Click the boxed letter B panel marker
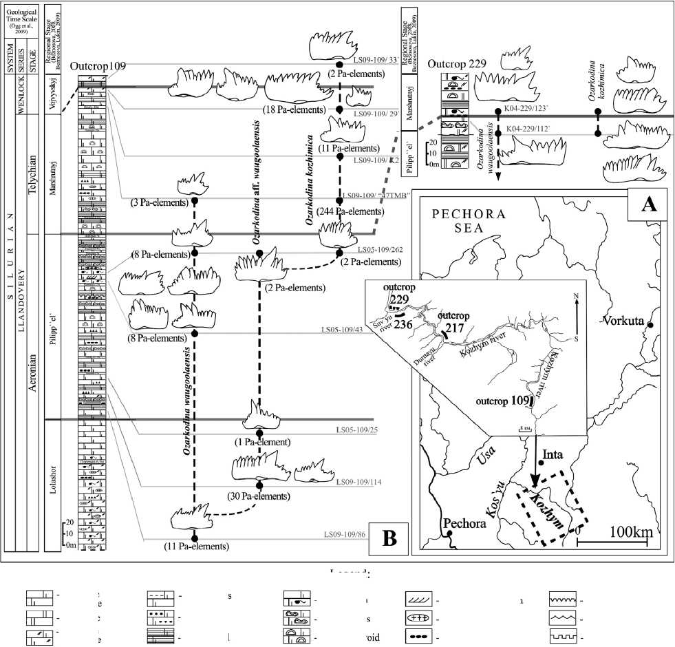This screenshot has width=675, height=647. [x=389, y=538]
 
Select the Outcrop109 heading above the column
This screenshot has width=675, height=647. [x=98, y=65]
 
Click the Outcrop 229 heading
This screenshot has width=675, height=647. [x=457, y=63]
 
